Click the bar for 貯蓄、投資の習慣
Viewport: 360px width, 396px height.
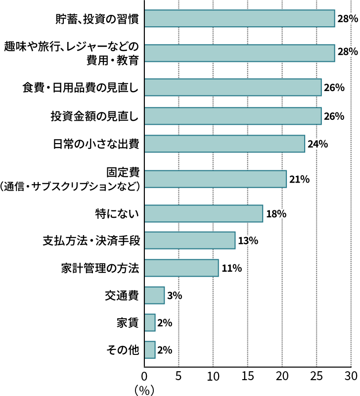239,19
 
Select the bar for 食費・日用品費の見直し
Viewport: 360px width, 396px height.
232,88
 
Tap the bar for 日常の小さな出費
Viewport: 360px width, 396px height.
225,144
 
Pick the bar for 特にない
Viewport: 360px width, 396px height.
203,214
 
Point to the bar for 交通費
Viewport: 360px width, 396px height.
154,296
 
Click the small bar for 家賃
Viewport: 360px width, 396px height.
149,323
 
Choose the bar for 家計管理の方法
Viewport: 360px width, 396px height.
181,268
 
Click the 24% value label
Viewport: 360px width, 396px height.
317,145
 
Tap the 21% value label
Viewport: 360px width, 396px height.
299,179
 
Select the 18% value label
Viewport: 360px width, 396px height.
276,214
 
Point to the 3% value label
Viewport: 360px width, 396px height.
175,296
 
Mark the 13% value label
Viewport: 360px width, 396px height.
248,241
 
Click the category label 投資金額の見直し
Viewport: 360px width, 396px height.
94,116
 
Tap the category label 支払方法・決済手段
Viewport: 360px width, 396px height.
91,241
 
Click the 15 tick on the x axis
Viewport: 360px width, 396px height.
247,375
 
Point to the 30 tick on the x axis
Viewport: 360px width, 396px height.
351,375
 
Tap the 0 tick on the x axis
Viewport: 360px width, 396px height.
144,375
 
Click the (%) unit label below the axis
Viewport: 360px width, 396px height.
144,389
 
